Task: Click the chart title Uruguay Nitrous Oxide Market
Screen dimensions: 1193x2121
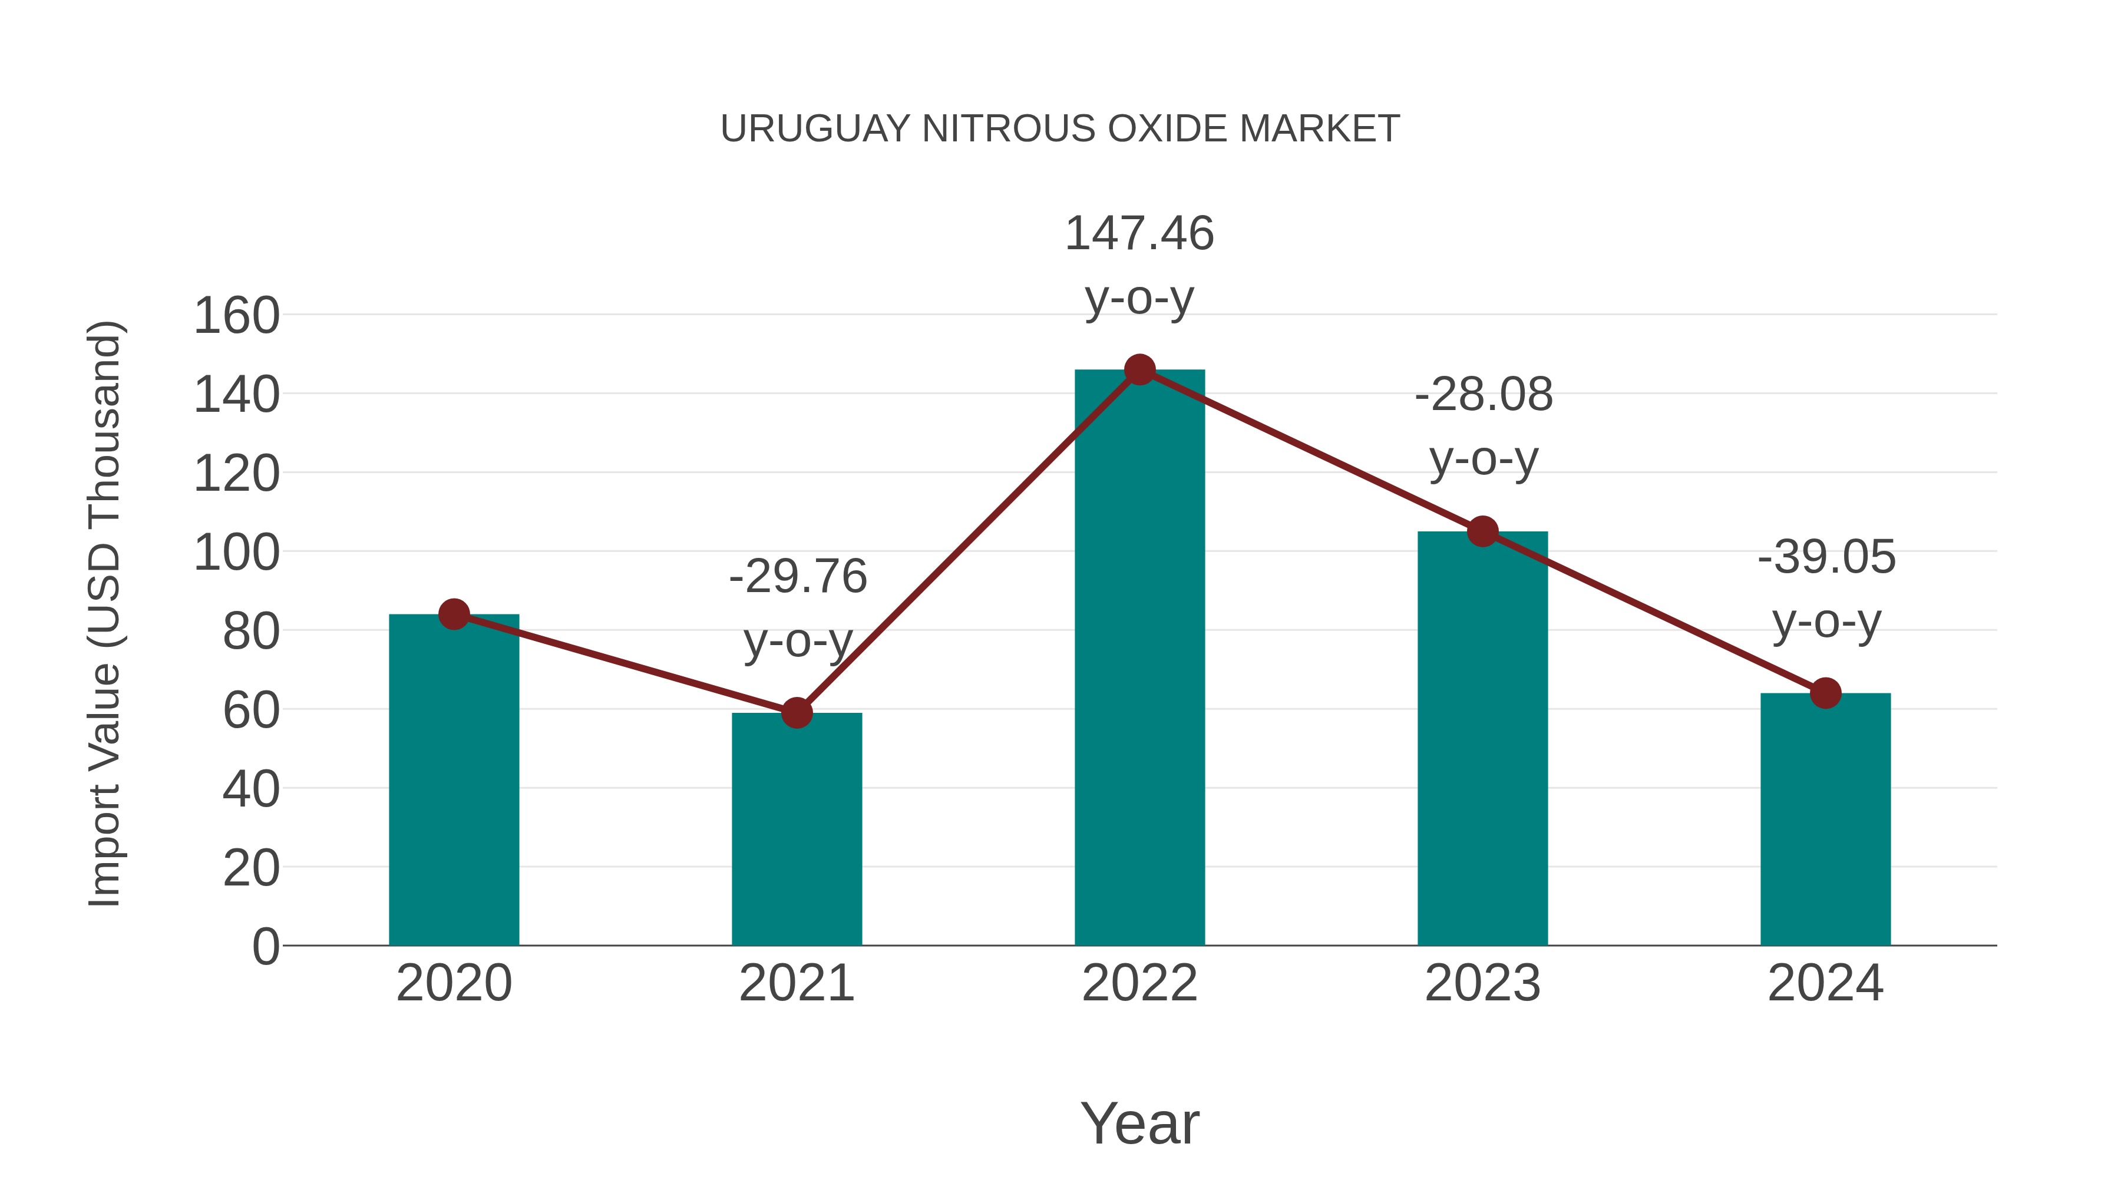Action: (x=1060, y=129)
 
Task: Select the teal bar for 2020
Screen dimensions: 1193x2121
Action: (x=454, y=782)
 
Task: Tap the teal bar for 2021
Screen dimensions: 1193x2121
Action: (x=796, y=831)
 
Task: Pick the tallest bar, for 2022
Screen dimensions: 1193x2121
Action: (x=1139, y=659)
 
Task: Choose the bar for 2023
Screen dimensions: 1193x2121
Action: (x=1482, y=741)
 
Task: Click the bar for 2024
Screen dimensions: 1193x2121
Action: (x=1825, y=824)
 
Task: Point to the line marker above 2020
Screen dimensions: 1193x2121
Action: (x=454, y=614)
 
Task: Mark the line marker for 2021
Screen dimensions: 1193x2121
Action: (x=796, y=713)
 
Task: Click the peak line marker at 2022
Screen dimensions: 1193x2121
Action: (x=1139, y=369)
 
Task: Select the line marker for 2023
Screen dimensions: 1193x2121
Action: (x=1482, y=532)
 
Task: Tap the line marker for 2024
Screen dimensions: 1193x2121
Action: (x=1825, y=693)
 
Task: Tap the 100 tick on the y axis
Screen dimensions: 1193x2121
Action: (x=237, y=553)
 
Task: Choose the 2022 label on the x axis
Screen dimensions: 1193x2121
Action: (x=1139, y=983)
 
